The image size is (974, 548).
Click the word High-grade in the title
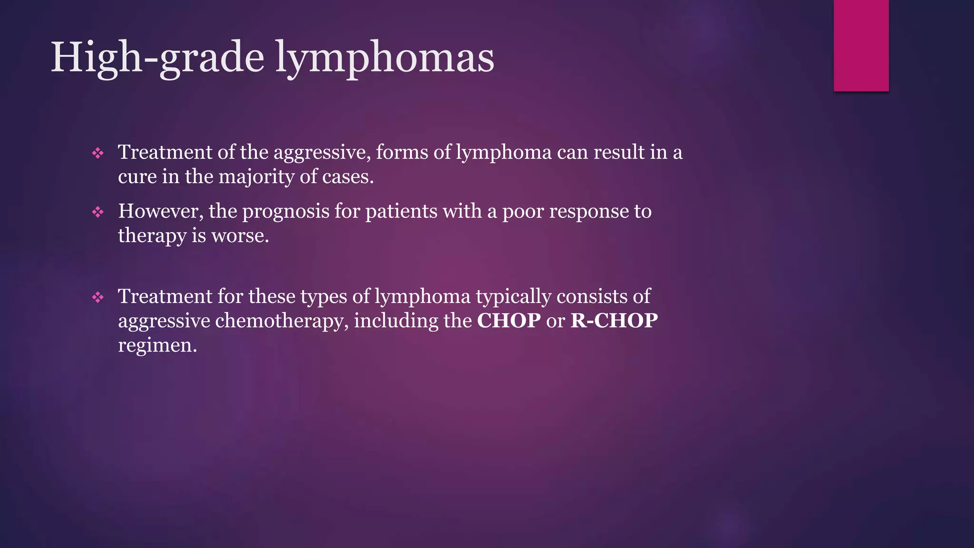(157, 58)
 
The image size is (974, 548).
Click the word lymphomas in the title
(385, 58)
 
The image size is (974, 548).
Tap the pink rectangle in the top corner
(861, 45)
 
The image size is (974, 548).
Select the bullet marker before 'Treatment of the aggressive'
(98, 153)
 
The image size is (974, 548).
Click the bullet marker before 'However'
(98, 212)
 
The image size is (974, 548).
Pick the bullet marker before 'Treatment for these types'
(98, 297)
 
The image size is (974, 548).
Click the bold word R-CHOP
(614, 321)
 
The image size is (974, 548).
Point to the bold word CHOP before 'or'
(508, 321)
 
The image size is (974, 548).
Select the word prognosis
(286, 211)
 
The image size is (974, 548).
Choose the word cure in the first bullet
(137, 177)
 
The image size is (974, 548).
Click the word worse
(240, 236)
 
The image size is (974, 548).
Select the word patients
(401, 211)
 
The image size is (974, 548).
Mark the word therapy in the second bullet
(152, 236)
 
